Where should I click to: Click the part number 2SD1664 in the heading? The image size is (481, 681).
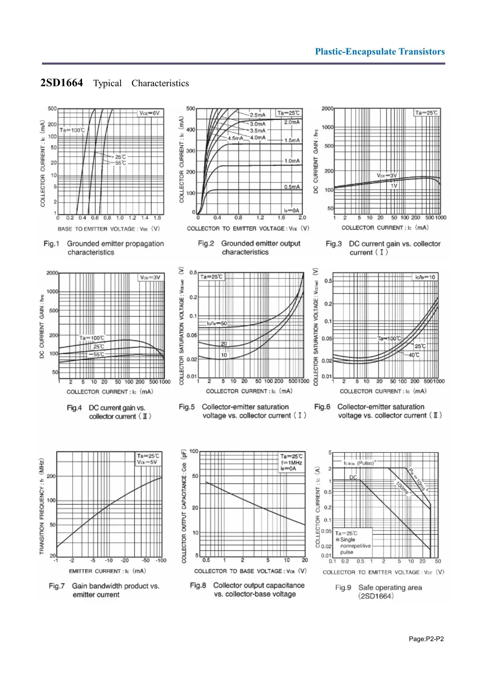click(x=62, y=83)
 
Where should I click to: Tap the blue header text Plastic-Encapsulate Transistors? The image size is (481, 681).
click(x=380, y=52)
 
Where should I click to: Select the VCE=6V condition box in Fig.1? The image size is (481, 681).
click(x=150, y=113)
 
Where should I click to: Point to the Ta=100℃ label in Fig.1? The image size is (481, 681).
click(x=72, y=130)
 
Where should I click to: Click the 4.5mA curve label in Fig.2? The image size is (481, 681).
click(x=235, y=138)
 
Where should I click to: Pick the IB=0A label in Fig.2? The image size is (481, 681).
click(x=292, y=210)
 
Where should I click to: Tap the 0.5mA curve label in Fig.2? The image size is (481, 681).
click(x=292, y=187)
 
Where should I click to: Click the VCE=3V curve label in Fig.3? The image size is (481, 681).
click(x=386, y=175)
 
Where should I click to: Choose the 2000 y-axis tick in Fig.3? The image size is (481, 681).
click(x=327, y=109)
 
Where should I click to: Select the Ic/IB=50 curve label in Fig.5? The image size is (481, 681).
click(x=217, y=323)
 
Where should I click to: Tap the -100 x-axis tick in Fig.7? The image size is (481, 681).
click(x=161, y=561)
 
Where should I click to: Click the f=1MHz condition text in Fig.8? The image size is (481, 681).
click(x=291, y=463)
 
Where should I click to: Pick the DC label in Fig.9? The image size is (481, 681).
click(x=353, y=477)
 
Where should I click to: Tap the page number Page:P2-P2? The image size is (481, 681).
click(x=426, y=639)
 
